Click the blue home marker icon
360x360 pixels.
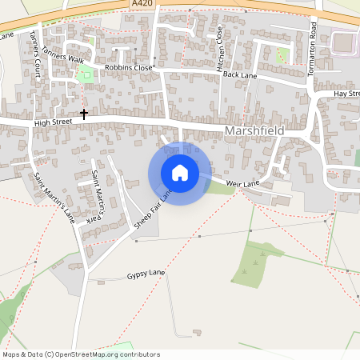coord(180,173)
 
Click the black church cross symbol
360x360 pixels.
coord(84,114)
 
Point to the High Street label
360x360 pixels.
coord(54,122)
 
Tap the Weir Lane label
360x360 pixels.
coord(244,184)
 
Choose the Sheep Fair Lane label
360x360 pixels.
coord(154,210)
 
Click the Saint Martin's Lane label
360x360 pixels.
coord(53,198)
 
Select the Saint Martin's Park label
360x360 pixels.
coord(96,195)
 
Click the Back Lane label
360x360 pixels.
coord(240,74)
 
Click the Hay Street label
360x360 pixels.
coord(346,94)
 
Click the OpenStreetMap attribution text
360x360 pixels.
coord(82,354)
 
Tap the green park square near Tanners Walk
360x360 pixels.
coord(85,75)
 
